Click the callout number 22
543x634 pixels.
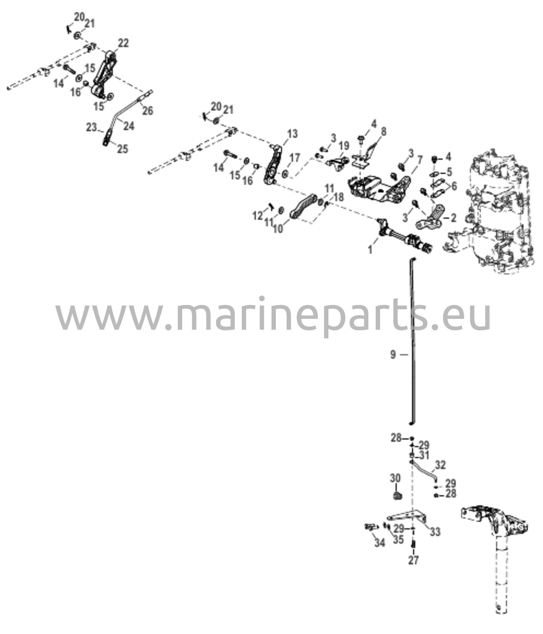pos(123,43)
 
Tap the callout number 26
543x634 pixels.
pos(148,111)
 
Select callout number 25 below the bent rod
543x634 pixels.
pos(122,149)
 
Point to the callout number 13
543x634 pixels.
pos(292,134)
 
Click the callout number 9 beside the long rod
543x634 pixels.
pos(393,355)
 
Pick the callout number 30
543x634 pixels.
pos(395,478)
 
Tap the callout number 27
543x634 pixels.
pos(413,560)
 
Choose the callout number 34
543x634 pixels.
pos(380,542)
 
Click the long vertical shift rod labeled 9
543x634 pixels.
pos(413,341)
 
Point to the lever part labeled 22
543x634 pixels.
pos(104,74)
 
